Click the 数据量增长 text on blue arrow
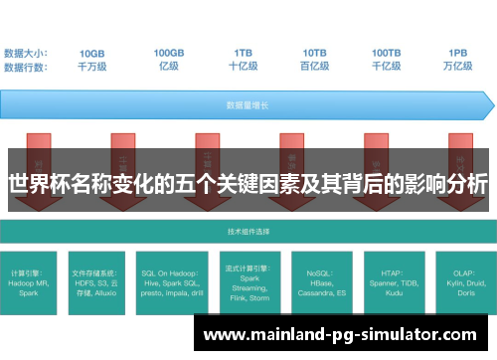tap(243, 103)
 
